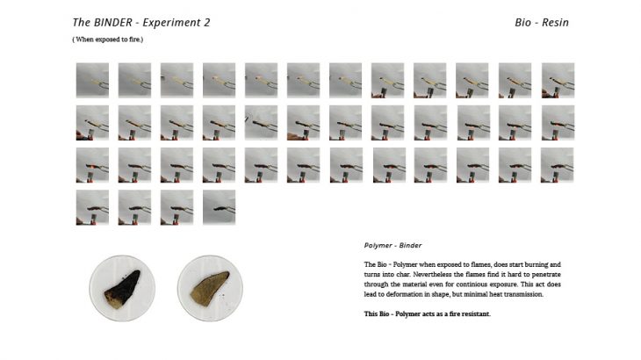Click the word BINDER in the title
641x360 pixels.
(112, 23)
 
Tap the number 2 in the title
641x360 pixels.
(206, 23)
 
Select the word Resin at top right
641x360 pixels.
(555, 23)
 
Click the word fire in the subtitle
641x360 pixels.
(134, 40)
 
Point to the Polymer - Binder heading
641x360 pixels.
(393, 245)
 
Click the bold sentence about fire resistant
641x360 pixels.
(428, 313)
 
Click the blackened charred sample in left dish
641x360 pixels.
(122, 289)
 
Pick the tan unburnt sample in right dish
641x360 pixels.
(210, 287)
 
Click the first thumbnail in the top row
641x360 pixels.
(92, 80)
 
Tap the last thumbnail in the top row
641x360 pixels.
(558, 80)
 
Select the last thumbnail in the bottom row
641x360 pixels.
(220, 207)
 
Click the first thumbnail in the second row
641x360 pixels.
(92, 123)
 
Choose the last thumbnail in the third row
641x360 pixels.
(558, 165)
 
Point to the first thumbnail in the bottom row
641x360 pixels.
(92, 207)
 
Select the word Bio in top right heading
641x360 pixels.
(522, 23)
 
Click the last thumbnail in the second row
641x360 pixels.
(558, 123)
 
